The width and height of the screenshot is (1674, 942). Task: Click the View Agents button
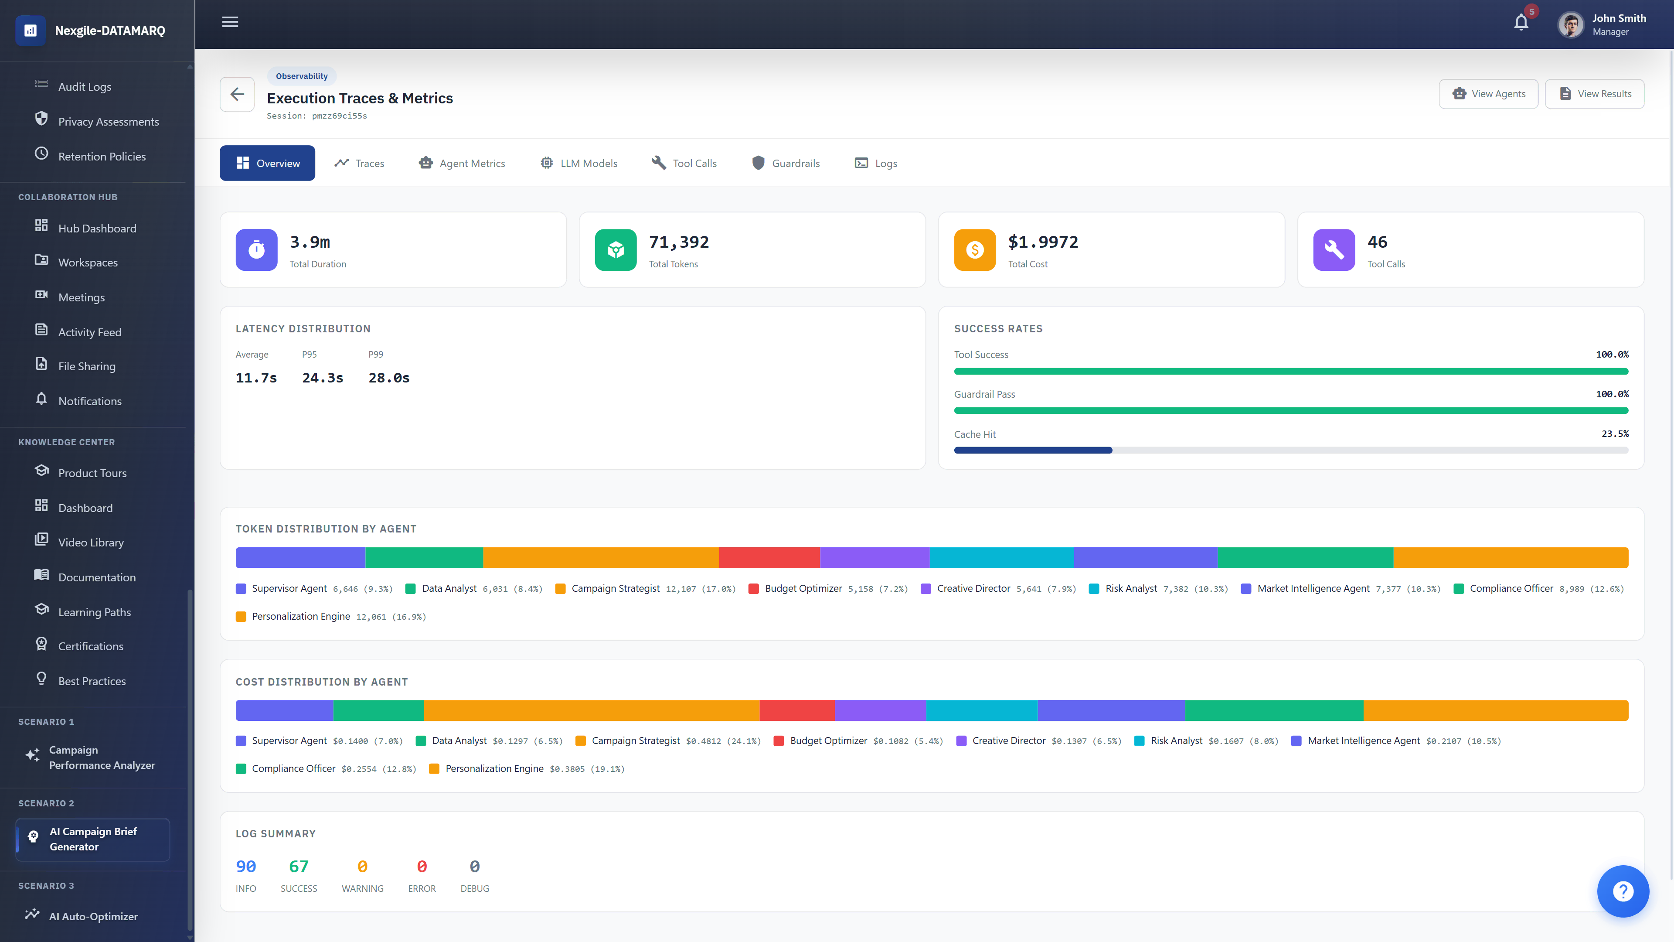[x=1488, y=94]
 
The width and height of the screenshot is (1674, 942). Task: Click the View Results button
[x=1594, y=94]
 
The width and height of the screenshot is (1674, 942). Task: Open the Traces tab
[x=359, y=163]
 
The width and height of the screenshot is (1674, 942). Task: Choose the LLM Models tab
[x=578, y=163]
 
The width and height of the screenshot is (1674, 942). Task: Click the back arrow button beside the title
[x=237, y=94]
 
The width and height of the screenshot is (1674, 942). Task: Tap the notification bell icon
[x=1521, y=23]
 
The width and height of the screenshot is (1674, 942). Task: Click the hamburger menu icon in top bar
[x=230, y=22]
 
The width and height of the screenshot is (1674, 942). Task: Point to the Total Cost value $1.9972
[x=1043, y=242]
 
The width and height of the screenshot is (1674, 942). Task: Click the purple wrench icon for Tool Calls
[x=1334, y=249]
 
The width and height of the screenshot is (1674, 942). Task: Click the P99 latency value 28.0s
[x=388, y=378]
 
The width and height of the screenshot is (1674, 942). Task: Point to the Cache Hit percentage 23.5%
[x=1615, y=433]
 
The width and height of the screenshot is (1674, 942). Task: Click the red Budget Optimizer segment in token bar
[x=769, y=558]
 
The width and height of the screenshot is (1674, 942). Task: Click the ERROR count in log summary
[x=422, y=867]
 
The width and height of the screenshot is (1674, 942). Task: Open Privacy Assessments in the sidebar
[x=108, y=122]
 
